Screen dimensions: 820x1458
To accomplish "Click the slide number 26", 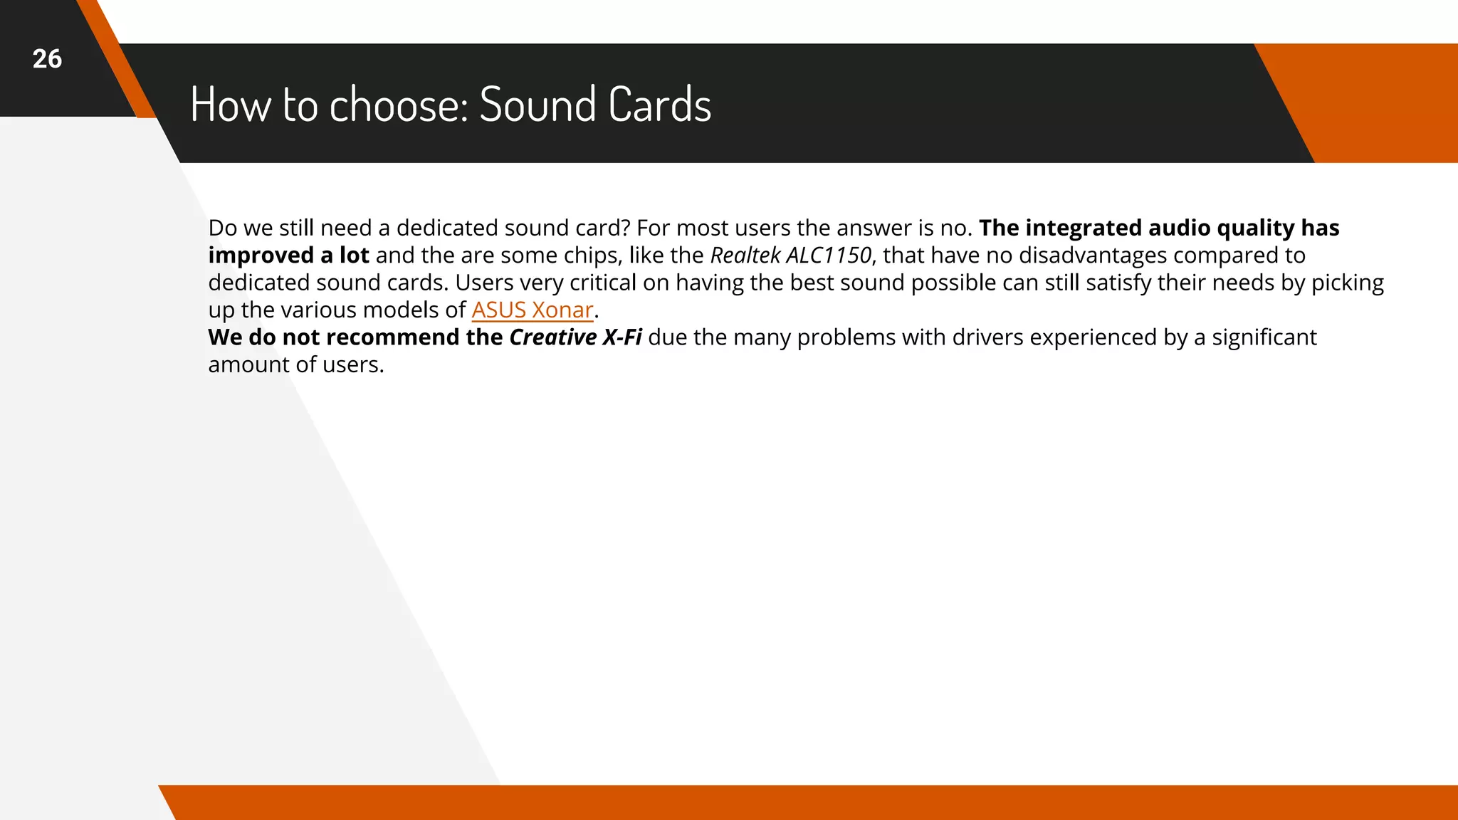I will (47, 59).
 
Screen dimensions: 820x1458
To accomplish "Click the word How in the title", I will (231, 105).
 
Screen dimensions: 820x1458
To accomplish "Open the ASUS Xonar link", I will (532, 310).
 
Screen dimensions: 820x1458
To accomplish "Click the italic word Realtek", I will (745, 256).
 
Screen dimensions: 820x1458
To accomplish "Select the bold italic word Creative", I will (552, 337).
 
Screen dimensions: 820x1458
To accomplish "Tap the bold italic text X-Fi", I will (622, 337).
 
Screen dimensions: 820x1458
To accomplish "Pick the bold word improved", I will (261, 256).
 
